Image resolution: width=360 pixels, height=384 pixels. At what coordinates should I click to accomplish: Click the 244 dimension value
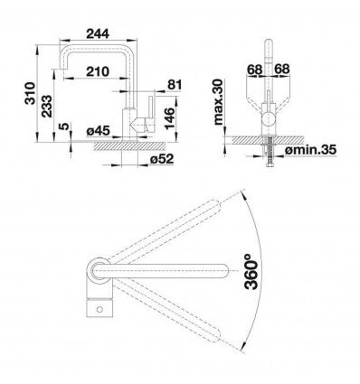98,33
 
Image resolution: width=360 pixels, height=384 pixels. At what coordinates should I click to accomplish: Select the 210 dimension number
98,71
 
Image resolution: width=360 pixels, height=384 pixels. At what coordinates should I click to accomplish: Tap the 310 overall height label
30,93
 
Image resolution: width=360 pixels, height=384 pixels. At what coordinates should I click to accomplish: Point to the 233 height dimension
47,106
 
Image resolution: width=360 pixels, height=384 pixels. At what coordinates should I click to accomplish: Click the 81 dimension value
175,85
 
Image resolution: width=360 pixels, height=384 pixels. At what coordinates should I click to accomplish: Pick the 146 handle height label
170,118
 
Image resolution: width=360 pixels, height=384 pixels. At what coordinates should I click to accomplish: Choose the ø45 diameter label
98,131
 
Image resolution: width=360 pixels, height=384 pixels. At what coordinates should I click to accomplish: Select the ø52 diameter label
162,159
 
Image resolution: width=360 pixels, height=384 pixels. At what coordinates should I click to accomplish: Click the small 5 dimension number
63,126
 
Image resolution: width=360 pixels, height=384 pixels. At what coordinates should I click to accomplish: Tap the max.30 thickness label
218,102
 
